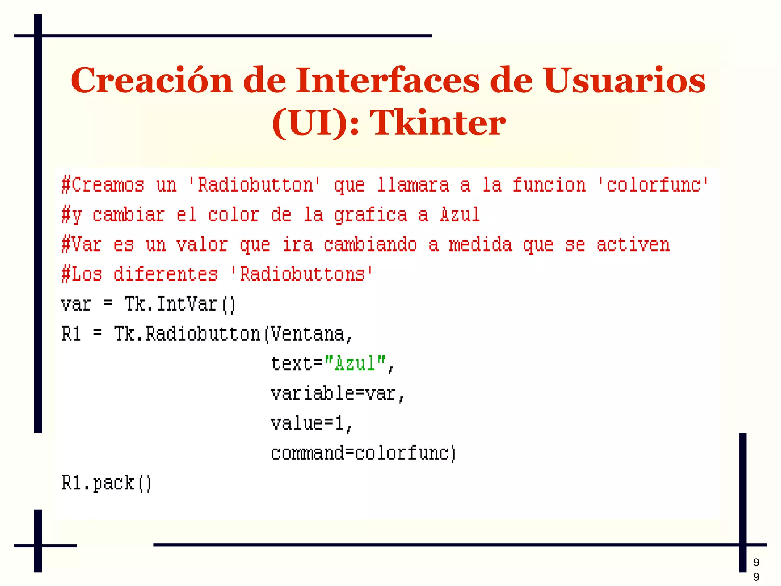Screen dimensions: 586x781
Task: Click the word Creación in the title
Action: (151, 81)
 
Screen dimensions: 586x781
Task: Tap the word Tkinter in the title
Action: (438, 123)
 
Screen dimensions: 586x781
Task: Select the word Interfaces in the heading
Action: (387, 81)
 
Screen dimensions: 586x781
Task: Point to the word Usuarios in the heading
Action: (625, 81)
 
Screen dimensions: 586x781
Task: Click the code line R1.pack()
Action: (106, 483)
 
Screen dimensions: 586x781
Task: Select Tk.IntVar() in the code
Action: (180, 304)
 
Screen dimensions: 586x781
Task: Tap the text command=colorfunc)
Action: (363, 453)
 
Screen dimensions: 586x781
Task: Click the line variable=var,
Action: (337, 394)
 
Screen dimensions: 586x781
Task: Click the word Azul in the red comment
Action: (460, 215)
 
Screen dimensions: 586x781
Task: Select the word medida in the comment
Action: (480, 245)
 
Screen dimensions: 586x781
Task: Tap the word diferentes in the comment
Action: (166, 274)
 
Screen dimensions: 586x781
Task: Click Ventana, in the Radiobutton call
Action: (312, 334)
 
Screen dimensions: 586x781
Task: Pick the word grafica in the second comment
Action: (371, 215)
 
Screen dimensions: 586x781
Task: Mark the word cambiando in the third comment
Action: (370, 245)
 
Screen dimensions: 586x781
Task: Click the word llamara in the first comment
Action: (413, 185)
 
